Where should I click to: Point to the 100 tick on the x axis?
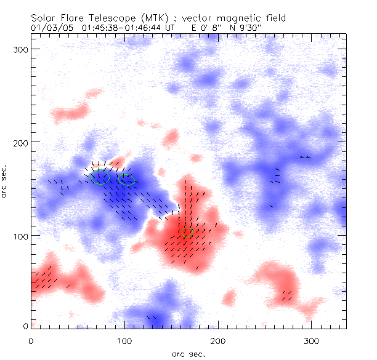tap(124, 340)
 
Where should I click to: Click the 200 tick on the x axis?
tap(218, 340)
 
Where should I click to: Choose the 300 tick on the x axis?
tap(312, 340)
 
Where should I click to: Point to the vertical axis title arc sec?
tap(6, 182)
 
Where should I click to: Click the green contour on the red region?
tap(187, 233)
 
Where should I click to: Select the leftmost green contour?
tap(100, 178)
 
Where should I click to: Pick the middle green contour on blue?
tap(128, 180)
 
